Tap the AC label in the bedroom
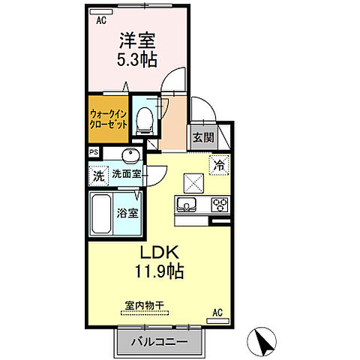[100, 21]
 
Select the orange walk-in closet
[109, 117]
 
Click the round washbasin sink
[130, 156]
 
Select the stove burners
[220, 203]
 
